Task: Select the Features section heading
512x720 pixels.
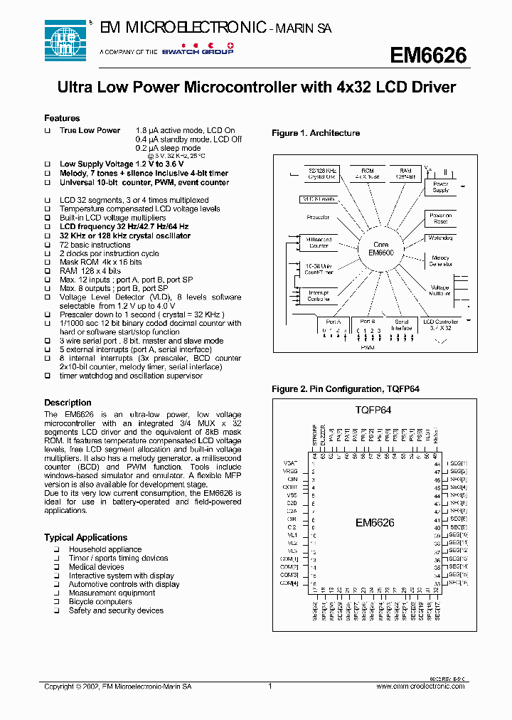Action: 62,118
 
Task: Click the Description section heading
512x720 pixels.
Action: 68,403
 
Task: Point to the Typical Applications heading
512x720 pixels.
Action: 85,537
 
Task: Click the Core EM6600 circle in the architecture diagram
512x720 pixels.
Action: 380,248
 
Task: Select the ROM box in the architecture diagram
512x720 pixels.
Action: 367,174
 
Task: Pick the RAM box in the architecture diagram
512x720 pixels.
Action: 405,174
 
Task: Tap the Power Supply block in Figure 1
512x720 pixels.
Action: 441,187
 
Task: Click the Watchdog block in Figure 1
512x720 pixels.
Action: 439,238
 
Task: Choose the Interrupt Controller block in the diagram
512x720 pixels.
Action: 319,296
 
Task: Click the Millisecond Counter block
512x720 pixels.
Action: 319,243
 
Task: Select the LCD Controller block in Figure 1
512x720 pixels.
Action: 441,325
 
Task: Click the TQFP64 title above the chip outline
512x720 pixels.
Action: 374,410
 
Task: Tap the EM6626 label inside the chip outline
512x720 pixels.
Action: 375,523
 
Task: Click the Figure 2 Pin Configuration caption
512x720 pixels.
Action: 336,389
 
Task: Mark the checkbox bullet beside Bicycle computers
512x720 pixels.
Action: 55,602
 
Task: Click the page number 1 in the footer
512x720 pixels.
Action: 270,687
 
